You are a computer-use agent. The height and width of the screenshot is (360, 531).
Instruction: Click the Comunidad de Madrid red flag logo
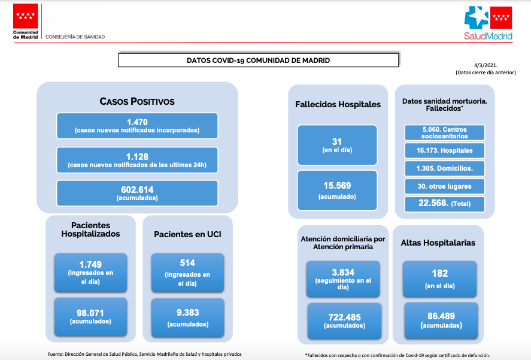click(x=25, y=16)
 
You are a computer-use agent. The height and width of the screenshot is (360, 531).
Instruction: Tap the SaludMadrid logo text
click(x=488, y=37)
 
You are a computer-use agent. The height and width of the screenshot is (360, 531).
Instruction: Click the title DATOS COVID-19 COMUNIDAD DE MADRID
click(x=258, y=60)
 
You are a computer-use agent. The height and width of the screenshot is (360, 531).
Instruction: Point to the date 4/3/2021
click(x=486, y=65)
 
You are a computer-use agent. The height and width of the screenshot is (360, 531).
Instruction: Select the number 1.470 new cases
click(x=137, y=122)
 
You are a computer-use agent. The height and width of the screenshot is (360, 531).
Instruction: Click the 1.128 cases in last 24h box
click(x=137, y=160)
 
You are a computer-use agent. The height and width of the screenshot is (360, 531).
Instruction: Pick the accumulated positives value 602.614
click(x=137, y=189)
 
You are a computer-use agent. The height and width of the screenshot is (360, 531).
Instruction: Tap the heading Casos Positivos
click(x=137, y=101)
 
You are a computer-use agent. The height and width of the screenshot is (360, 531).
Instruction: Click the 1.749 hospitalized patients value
click(x=90, y=264)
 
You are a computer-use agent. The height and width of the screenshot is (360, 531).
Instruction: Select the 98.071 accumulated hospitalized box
click(x=90, y=317)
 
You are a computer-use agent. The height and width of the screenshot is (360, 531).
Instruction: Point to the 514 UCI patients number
click(x=187, y=263)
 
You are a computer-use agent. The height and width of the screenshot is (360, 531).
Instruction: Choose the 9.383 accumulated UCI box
click(x=187, y=317)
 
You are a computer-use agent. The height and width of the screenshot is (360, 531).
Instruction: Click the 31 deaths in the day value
click(x=337, y=142)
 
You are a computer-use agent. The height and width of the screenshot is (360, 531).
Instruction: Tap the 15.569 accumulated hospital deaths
click(x=337, y=186)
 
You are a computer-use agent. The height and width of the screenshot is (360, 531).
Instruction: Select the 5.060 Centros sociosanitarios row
click(x=445, y=132)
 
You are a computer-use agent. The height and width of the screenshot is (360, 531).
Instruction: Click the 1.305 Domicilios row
click(x=445, y=168)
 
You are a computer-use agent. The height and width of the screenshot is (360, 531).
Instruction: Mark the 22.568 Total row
click(x=445, y=204)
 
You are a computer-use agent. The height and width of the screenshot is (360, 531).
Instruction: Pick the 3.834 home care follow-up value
click(x=343, y=272)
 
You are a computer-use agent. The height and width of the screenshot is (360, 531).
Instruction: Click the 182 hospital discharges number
click(x=440, y=273)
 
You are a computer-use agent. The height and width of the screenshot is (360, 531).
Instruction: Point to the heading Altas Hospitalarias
click(x=438, y=243)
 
